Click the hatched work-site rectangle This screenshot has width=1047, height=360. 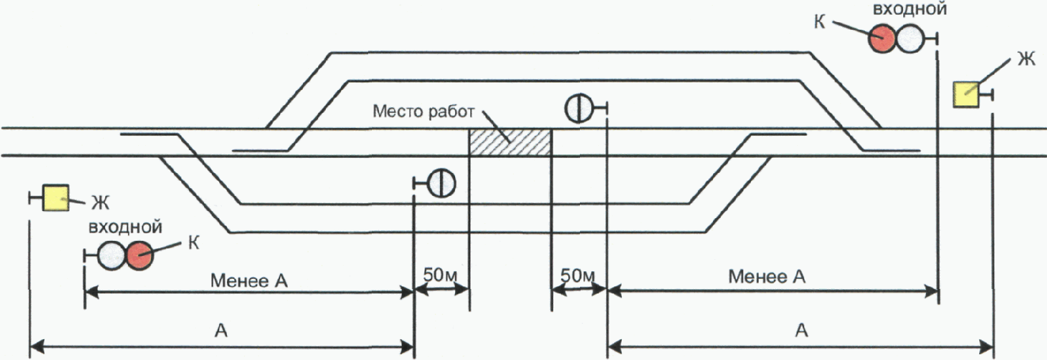coord(510,143)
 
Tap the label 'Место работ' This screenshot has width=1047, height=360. coord(423,112)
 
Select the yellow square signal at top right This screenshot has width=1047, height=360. coord(967,94)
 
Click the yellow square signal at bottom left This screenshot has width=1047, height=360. coord(55,198)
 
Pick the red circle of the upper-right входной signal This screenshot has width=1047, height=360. coord(882,39)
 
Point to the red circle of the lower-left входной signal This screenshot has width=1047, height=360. coord(139,256)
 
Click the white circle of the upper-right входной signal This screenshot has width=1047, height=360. coord(909,39)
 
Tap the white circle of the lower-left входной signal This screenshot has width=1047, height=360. coord(112,256)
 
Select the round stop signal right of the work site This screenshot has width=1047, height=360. coord(579,108)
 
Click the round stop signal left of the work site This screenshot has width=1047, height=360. coord(442,183)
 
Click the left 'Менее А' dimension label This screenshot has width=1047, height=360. coord(249,280)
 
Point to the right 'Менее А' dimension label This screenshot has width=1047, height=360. coord(767,276)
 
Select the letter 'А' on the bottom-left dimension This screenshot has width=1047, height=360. coord(221,330)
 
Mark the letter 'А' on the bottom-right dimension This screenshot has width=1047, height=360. coord(802,330)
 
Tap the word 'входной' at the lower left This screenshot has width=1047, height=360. coord(125,227)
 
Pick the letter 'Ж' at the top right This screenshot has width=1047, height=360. coord(1025,60)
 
